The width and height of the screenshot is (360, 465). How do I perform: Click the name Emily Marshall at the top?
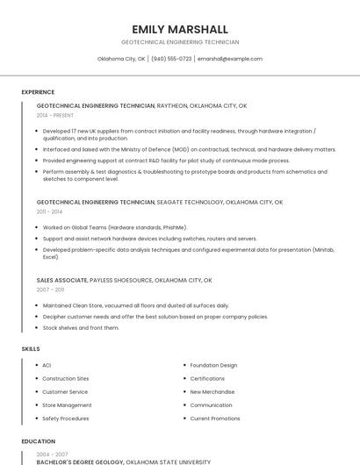point(179,29)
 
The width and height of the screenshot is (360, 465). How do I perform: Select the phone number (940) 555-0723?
point(171,59)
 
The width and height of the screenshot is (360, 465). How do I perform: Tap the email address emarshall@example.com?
point(230,59)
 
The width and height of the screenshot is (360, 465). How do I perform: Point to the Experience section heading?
point(38,92)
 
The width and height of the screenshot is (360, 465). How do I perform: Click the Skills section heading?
point(31,349)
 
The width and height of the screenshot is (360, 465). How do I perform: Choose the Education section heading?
point(39,441)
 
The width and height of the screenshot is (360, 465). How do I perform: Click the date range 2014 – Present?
point(55,115)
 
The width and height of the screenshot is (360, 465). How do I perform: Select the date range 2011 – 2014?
point(49,211)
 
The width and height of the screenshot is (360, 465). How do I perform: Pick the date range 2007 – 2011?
point(50,290)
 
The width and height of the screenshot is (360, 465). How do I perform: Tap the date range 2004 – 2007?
point(51,454)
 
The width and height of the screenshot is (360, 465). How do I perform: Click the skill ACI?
point(47,365)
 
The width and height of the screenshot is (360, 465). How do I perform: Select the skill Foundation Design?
point(213,365)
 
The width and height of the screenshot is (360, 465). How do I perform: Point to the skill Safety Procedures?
point(65,418)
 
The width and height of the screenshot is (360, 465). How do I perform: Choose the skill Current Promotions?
point(215,418)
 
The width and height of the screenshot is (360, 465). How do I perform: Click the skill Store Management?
point(67,405)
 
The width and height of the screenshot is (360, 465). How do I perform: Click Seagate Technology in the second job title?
point(189,202)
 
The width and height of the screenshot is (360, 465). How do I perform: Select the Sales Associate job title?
point(61,280)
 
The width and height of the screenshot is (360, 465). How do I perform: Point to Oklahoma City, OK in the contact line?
point(121,59)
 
